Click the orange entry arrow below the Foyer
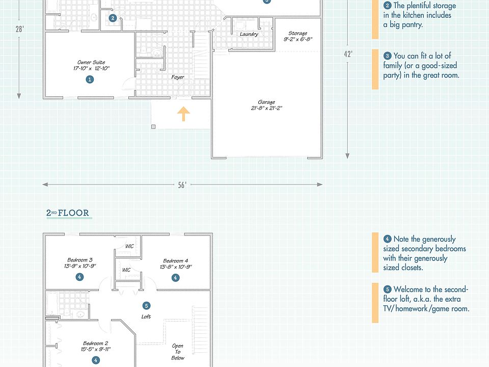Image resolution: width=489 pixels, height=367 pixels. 183,114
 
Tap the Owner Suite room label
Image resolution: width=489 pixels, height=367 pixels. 91,62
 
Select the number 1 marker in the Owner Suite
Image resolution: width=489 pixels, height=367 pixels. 90,79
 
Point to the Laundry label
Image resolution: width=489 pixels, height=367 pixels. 249,35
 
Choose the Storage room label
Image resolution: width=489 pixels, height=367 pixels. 297,33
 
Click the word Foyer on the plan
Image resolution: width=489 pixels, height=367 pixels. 177,77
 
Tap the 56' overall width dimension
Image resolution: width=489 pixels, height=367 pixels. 182,185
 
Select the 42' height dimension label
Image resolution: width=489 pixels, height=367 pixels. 348,54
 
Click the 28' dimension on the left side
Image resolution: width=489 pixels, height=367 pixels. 19,29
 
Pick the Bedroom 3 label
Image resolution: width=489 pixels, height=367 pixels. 80,260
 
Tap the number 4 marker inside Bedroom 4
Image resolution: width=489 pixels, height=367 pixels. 175,278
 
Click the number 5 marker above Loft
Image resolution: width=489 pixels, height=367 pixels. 147,306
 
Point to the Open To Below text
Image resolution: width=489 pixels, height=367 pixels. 178,352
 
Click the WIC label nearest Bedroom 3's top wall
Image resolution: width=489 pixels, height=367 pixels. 130,247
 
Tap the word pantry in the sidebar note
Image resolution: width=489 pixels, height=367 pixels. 412,24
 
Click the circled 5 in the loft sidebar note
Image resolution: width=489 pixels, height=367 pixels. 388,289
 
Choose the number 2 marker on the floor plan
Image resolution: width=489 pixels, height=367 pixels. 113,18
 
